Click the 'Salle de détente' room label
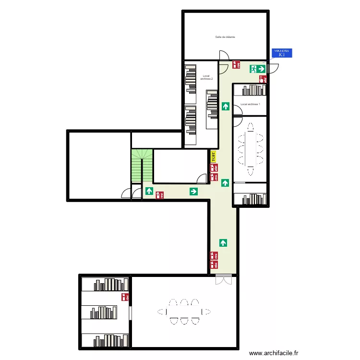coord(225,37)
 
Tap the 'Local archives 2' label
coord(207,77)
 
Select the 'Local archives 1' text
coord(250,104)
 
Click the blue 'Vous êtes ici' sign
coord(281,53)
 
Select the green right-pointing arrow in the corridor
coord(193,192)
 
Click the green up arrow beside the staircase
coord(149,192)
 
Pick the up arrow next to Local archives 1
coord(226,106)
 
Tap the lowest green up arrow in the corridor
coord(223,243)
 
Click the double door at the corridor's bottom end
coord(223,279)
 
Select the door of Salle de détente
coord(223,56)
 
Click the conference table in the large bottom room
coord(184,312)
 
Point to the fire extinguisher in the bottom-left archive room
coord(125,297)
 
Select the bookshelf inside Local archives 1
coord(254,90)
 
